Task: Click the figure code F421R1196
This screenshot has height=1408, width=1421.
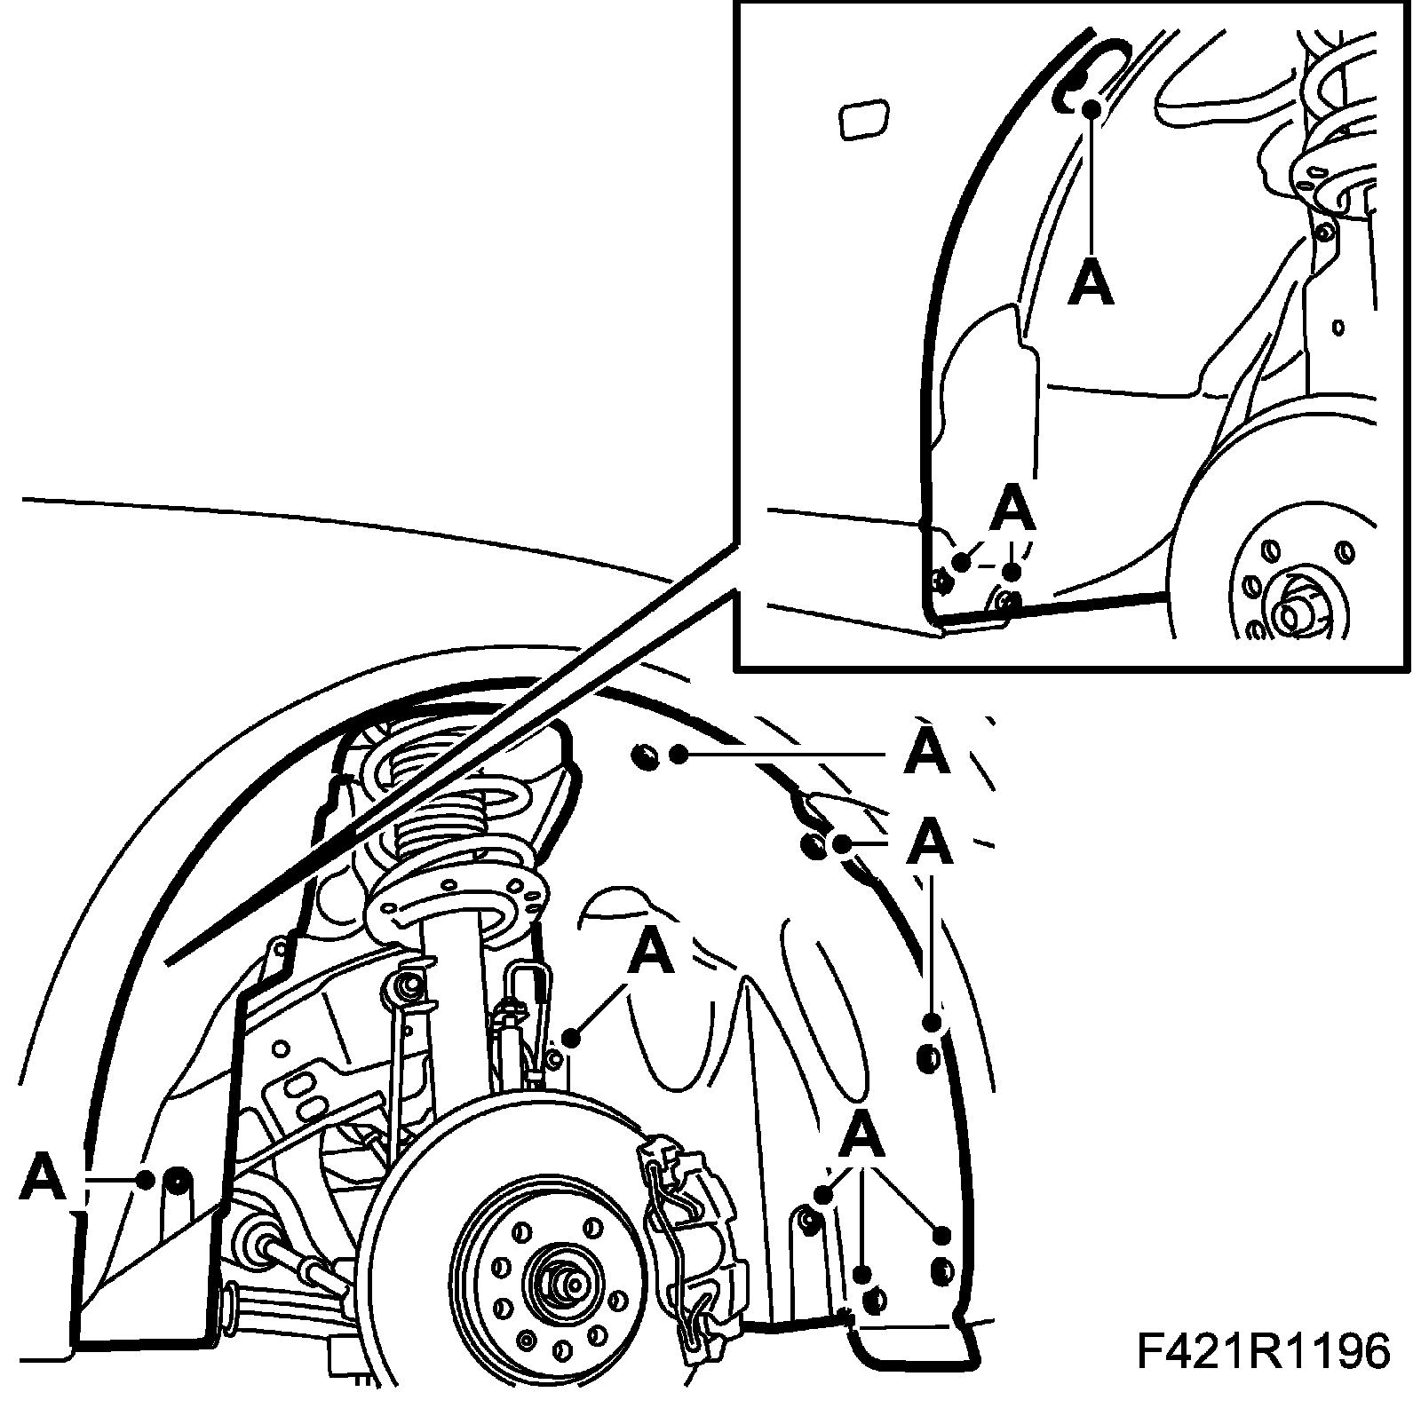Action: tap(1262, 1353)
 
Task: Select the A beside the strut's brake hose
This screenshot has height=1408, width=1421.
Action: tap(651, 951)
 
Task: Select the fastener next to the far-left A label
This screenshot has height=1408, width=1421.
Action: tap(178, 1179)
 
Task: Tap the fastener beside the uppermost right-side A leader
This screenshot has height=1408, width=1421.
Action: tap(645, 755)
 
